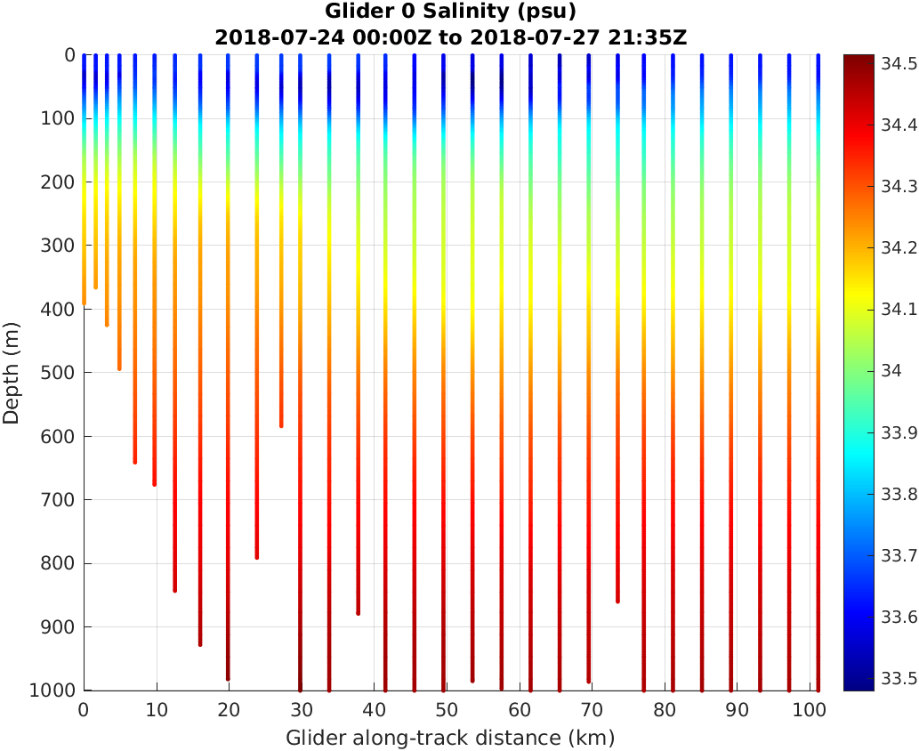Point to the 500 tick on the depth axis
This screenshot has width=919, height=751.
[63, 372]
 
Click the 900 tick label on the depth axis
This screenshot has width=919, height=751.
[63, 626]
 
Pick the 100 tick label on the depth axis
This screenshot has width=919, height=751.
[63, 118]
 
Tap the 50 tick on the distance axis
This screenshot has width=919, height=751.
[447, 710]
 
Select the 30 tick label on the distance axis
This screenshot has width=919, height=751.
[302, 710]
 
